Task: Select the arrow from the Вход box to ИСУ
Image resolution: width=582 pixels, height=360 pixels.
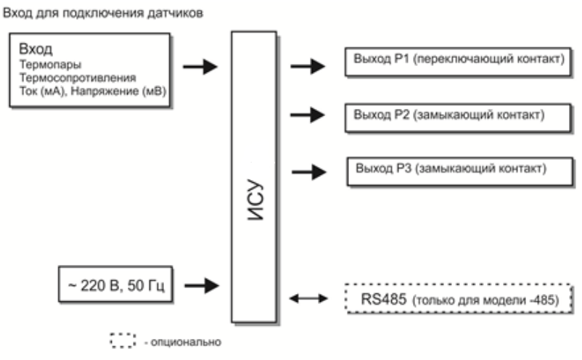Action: [x=200, y=67]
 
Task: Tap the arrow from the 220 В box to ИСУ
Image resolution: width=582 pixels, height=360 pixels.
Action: [x=200, y=285]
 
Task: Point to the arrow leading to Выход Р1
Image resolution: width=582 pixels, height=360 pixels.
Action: [x=308, y=66]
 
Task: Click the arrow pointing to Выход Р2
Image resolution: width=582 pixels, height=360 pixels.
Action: [x=308, y=114]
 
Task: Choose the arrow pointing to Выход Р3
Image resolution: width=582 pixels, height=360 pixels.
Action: [x=309, y=172]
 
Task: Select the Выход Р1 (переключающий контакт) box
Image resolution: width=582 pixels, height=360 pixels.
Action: [x=456, y=61]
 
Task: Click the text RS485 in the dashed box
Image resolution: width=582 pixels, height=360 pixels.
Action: [x=382, y=298]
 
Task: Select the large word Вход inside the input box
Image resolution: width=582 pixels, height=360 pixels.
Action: [x=36, y=50]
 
